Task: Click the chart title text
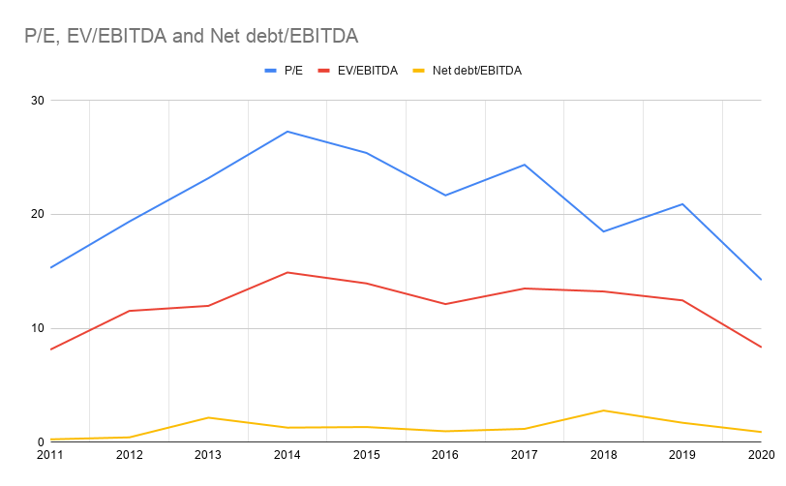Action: (192, 37)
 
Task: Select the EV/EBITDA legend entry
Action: (368, 71)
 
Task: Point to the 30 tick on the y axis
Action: (38, 101)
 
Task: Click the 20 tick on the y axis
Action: (38, 214)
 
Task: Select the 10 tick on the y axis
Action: (38, 328)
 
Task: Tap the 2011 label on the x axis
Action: (49, 453)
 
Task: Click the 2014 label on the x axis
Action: (287, 453)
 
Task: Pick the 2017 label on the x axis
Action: (525, 453)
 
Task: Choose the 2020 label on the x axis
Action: (761, 453)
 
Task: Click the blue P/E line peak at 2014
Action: (287, 132)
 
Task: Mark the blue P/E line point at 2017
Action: (525, 165)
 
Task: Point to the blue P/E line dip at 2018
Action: (604, 231)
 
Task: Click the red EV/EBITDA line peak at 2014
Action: (287, 272)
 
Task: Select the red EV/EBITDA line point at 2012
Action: (129, 311)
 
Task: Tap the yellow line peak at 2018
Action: (604, 410)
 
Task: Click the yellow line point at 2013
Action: (208, 417)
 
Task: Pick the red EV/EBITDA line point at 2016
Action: (445, 304)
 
